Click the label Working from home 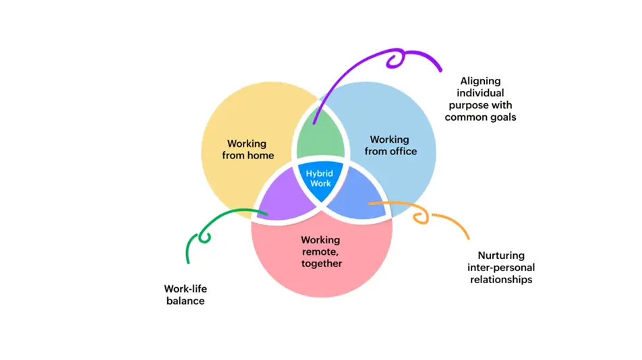(247, 150)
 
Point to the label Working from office (390, 146)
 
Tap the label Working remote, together (321, 251)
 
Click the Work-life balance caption (185, 295)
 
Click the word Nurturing (502, 256)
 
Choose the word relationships (501, 279)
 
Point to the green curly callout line (202, 233)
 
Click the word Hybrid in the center (320, 173)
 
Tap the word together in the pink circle (322, 263)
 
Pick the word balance (185, 301)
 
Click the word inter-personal (500, 268)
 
